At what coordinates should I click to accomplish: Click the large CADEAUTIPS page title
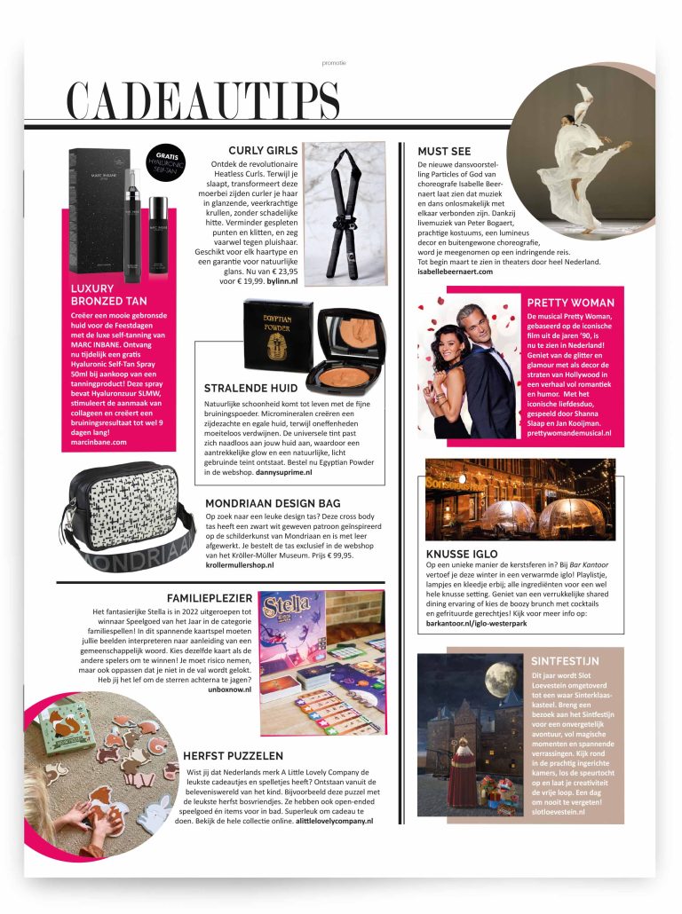(203, 100)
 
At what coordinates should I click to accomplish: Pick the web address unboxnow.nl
(229, 689)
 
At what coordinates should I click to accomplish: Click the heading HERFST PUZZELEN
(233, 755)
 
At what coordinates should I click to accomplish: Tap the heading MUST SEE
(444, 151)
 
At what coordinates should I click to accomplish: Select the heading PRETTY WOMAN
(569, 303)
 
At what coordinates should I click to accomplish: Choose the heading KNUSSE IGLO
(462, 554)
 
